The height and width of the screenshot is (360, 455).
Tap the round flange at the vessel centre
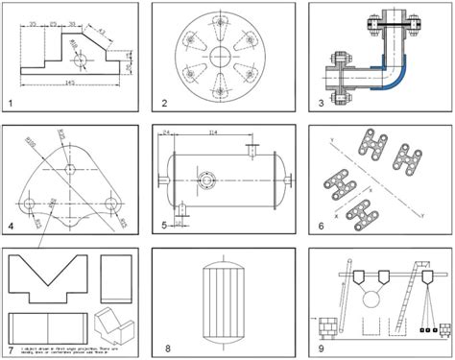pyautogui.click(x=207, y=179)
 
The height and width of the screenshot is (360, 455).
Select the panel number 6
pyautogui.click(x=320, y=227)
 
